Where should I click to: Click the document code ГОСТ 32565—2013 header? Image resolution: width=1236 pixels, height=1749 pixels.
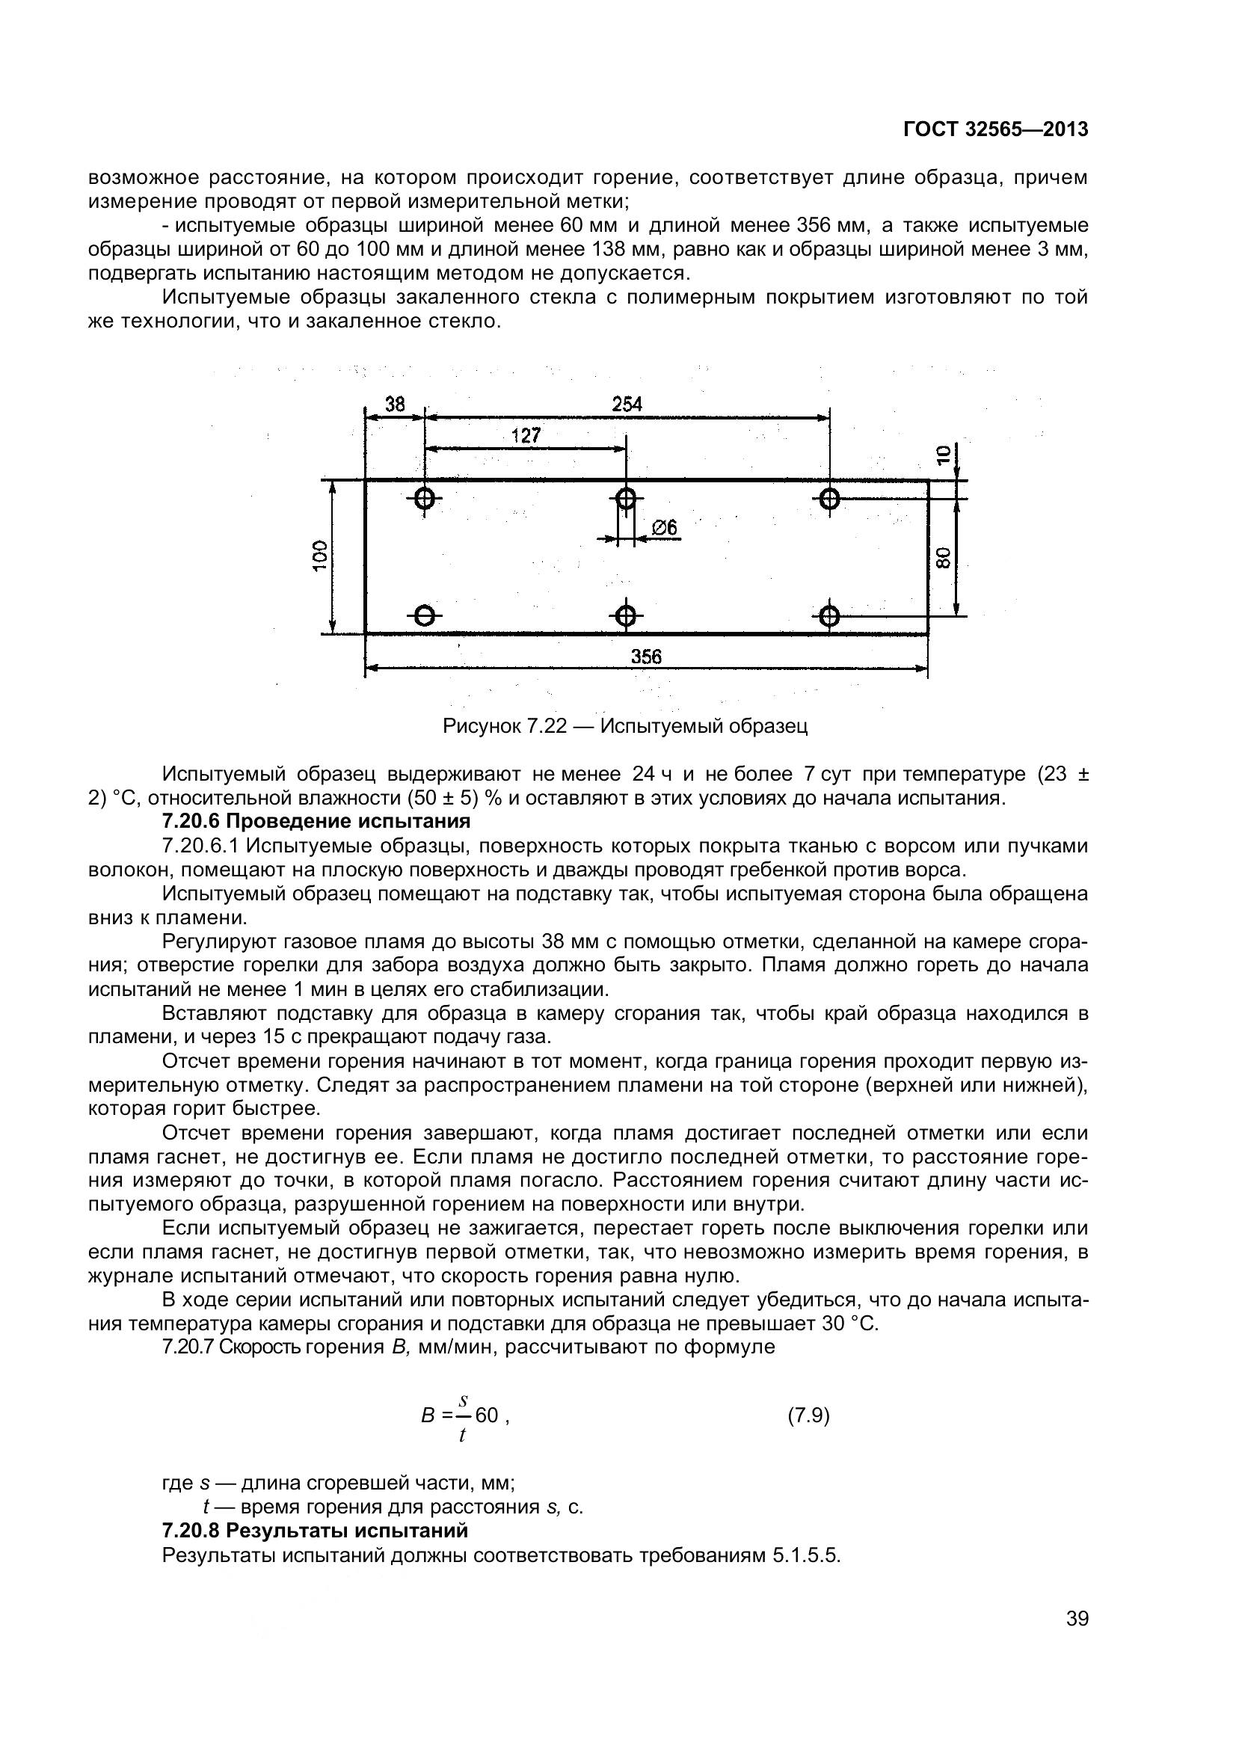pos(995,129)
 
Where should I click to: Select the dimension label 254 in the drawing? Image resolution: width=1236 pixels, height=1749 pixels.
pos(627,405)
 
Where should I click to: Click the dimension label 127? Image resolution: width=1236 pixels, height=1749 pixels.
pos(526,435)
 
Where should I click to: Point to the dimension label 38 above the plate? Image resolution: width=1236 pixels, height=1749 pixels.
pos(395,405)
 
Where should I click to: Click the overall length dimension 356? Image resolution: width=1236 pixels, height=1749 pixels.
pos(646,656)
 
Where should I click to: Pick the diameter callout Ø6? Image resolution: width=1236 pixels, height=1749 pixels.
pos(665,527)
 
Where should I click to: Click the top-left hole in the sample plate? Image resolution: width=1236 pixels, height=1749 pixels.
pos(424,499)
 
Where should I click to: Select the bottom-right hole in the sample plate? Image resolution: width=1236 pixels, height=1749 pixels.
pos(830,615)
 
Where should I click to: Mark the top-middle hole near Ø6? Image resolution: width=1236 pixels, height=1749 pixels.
pos(625,499)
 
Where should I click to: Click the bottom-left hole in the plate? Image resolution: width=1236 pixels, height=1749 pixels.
pos(424,615)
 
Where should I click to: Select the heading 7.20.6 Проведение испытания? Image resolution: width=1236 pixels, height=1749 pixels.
pos(316,821)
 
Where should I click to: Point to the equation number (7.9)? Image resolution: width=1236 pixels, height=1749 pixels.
pos(808,1416)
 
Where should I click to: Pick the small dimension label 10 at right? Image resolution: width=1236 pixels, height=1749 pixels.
pos(943,455)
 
